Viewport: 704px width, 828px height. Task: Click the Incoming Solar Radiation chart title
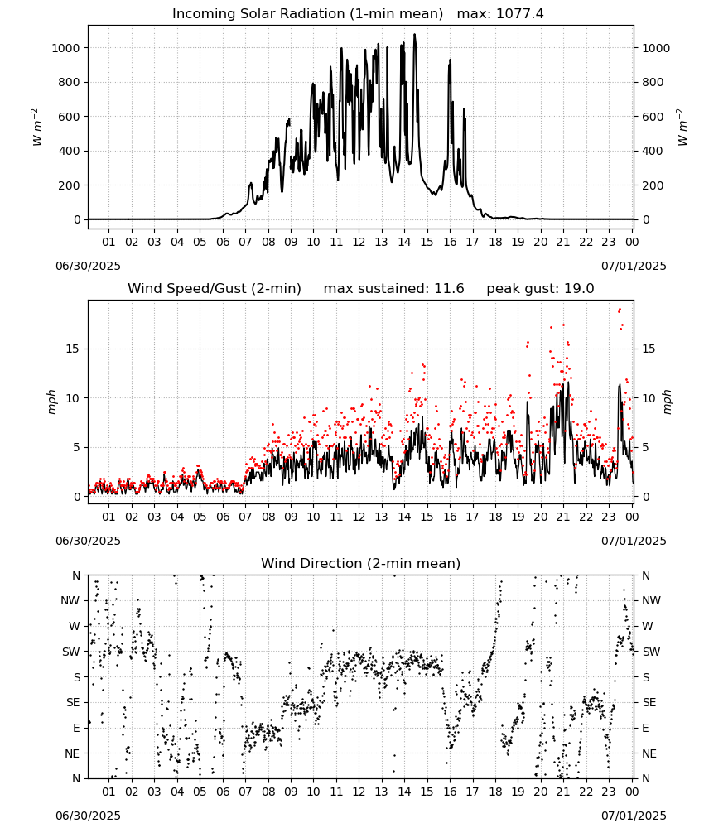(307, 14)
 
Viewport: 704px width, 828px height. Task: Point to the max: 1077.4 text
(500, 14)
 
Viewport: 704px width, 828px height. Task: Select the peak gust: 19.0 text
(540, 289)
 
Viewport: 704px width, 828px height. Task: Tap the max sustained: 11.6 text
(393, 289)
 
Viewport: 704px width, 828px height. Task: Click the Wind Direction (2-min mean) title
(361, 563)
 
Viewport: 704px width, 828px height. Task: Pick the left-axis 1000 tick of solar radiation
(65, 48)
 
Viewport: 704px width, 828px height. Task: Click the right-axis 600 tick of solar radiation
(653, 117)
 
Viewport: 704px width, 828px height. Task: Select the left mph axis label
(51, 402)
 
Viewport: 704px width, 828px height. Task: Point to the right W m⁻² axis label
(682, 128)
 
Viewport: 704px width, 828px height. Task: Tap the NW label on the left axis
(70, 601)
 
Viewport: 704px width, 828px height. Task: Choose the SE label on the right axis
(649, 703)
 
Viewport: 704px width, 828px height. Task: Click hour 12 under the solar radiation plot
(359, 243)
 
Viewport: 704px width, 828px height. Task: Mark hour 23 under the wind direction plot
(609, 792)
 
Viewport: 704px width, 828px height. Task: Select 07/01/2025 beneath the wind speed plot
(634, 542)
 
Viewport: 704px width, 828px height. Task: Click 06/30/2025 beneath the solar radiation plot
(88, 266)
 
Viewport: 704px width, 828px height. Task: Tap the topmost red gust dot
(620, 310)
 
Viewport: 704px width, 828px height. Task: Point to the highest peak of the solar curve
(415, 34)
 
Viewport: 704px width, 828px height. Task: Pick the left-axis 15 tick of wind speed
(73, 349)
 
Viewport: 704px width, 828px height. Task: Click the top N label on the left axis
(76, 575)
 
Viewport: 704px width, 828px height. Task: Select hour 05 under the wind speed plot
(200, 517)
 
